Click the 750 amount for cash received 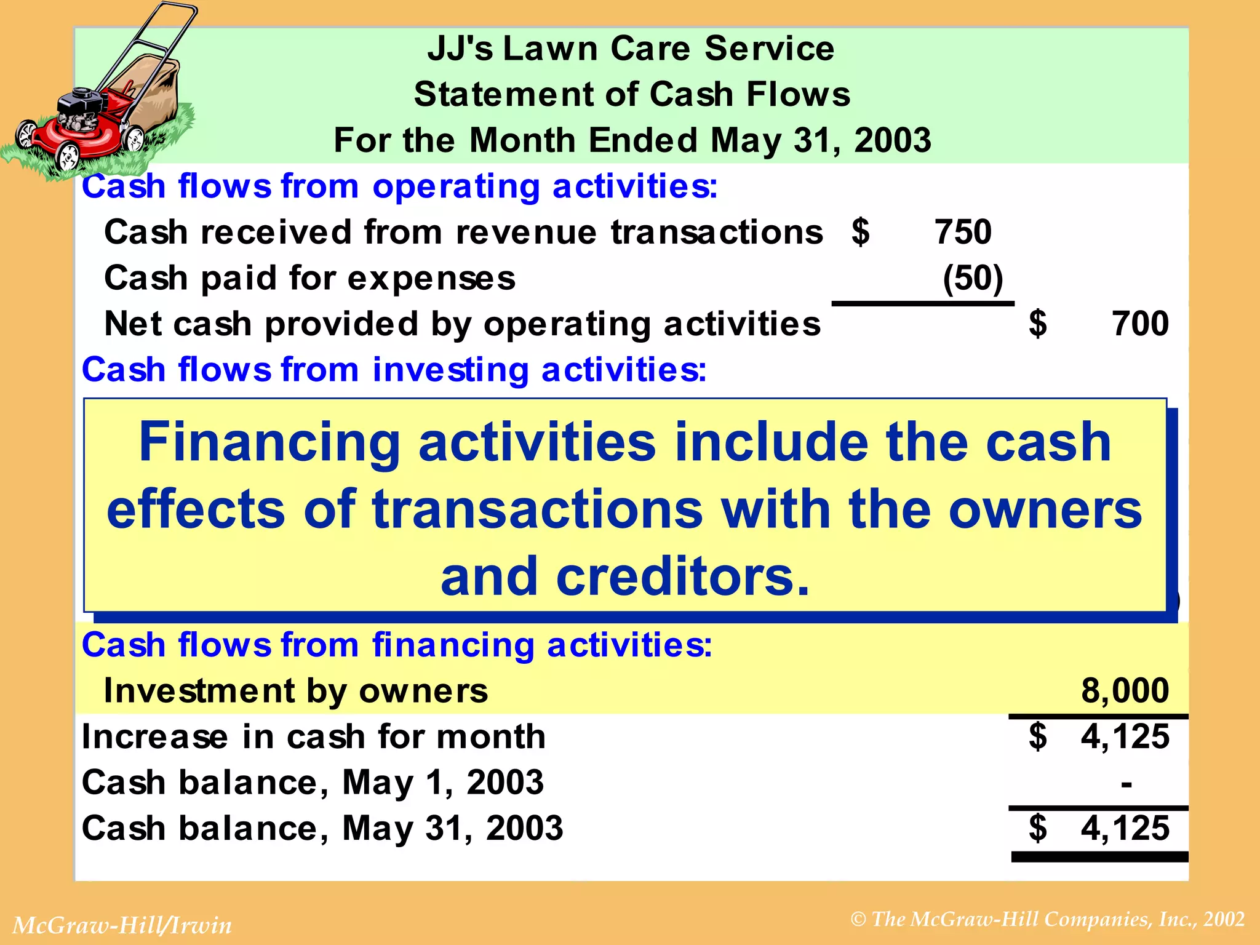(963, 233)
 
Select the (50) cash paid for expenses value (973, 278)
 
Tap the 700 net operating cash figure (1140, 324)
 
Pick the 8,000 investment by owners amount (1125, 690)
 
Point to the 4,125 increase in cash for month (1125, 736)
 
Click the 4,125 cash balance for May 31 (1125, 828)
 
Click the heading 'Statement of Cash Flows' (632, 95)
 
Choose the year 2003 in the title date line (893, 140)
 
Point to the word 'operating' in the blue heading (456, 186)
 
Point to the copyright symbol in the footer (858, 920)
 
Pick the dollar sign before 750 (861, 233)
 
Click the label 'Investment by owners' (296, 690)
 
